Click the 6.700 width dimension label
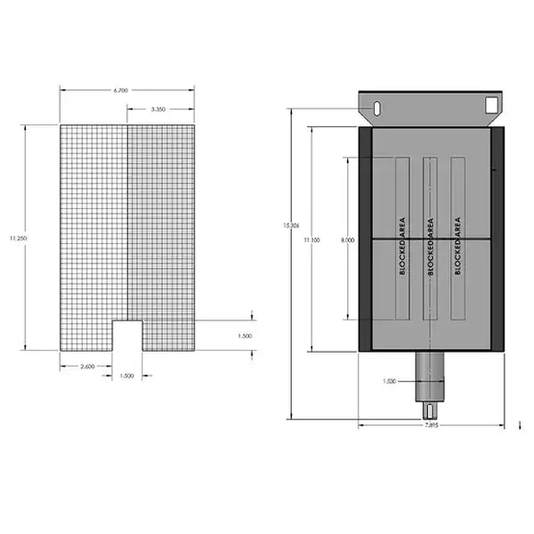click(x=121, y=90)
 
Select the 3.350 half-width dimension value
click(x=159, y=109)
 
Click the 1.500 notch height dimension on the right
click(x=245, y=335)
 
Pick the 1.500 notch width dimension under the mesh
click(x=127, y=376)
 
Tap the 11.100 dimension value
click(x=312, y=239)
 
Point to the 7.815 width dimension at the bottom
click(x=431, y=426)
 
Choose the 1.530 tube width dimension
click(x=391, y=379)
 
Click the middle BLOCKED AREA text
click(x=430, y=246)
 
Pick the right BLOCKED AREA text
click(x=458, y=246)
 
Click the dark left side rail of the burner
click(x=365, y=239)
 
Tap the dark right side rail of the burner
click(x=497, y=239)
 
